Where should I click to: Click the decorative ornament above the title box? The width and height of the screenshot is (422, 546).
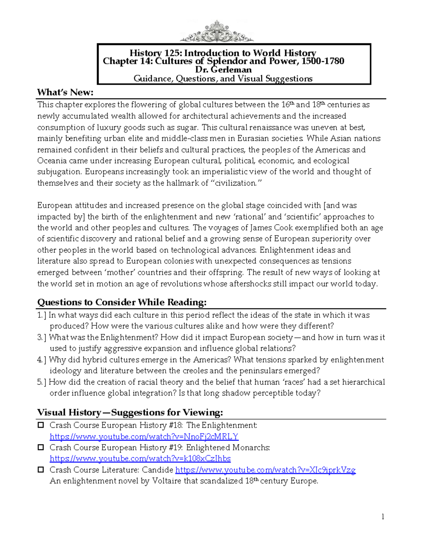click(x=216, y=32)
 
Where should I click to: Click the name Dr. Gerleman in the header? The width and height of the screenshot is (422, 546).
click(x=223, y=70)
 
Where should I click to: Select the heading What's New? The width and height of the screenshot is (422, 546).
click(x=65, y=92)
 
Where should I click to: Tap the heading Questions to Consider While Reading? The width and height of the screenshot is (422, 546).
click(x=122, y=302)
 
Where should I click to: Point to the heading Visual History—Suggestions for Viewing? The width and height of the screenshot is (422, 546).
click(x=130, y=412)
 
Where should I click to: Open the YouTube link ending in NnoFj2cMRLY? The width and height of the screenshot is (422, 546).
click(x=144, y=437)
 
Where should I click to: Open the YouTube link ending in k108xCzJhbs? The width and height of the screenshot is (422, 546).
click(x=140, y=459)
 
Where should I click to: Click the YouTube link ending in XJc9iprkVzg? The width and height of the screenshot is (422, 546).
click(x=265, y=470)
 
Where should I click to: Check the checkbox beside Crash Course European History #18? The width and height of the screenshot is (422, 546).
click(x=41, y=425)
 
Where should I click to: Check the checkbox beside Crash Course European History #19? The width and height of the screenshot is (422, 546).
click(x=41, y=448)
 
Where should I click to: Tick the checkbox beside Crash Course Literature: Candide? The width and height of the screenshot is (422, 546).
click(x=41, y=470)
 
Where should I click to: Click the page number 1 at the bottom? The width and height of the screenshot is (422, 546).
click(x=383, y=516)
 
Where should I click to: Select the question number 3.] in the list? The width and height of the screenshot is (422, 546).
click(x=42, y=338)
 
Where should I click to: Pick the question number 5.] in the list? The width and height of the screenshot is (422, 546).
click(x=42, y=382)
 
